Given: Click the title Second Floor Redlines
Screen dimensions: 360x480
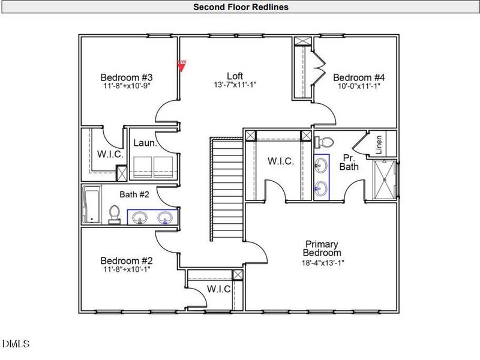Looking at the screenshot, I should (x=240, y=7).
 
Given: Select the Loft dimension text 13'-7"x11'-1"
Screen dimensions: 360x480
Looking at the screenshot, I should (x=235, y=85).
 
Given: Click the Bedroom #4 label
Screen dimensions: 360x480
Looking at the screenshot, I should (x=359, y=77).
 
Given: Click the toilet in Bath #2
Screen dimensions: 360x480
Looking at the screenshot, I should (x=115, y=214).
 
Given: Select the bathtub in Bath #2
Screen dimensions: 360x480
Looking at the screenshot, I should (x=92, y=204).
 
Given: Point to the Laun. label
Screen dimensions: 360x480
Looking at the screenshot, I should (x=145, y=143).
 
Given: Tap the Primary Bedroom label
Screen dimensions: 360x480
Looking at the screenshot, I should (x=322, y=248).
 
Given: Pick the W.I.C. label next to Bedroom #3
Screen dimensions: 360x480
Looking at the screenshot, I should (x=110, y=154).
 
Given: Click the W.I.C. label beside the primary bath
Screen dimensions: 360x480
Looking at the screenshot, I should (x=280, y=161).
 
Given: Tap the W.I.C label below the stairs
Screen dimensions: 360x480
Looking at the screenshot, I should (x=219, y=289).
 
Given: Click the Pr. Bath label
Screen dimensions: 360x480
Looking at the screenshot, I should (x=349, y=162).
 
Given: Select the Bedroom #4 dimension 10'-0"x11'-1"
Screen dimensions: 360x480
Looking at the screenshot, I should (x=359, y=86).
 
